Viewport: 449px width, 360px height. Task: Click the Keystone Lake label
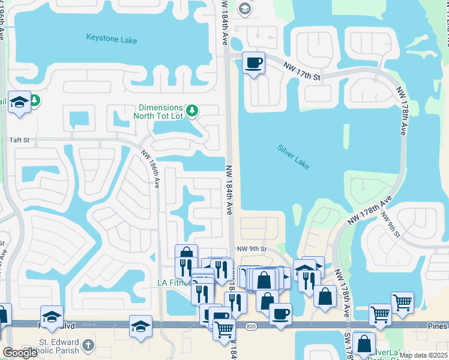click(x=112, y=40)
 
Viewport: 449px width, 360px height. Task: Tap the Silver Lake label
click(x=294, y=157)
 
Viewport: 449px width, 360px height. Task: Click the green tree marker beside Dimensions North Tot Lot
click(x=191, y=110)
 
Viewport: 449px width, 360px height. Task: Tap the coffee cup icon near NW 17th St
click(x=253, y=62)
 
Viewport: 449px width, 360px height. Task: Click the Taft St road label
click(x=19, y=140)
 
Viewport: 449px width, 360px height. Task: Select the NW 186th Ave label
click(x=151, y=169)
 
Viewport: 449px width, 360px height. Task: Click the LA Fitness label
click(x=172, y=283)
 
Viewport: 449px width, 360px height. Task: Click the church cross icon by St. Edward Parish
click(x=88, y=345)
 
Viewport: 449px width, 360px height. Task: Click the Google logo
click(x=20, y=353)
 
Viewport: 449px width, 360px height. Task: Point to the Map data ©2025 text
click(x=423, y=355)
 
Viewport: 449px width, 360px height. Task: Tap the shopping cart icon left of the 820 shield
click(x=224, y=329)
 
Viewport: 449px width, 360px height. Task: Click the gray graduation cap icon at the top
click(x=244, y=8)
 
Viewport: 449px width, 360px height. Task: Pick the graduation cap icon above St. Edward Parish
click(x=52, y=316)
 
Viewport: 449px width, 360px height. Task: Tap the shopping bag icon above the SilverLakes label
click(x=364, y=344)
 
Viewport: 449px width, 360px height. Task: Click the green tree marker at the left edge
click(x=35, y=100)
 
